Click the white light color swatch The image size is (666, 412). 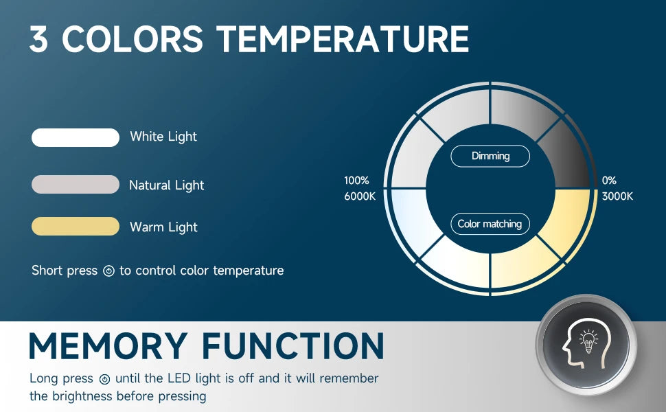coord(76,137)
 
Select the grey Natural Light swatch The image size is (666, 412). coord(76,184)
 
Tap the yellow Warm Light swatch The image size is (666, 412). coord(76,226)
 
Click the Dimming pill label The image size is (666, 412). coord(490,156)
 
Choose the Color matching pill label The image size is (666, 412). coord(490,224)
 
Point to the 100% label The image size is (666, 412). coord(356,181)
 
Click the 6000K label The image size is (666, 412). coord(360,196)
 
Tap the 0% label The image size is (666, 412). coord(609,181)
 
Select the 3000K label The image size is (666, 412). coord(617,196)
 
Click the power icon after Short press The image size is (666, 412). coord(108,271)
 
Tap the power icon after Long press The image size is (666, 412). coord(104,379)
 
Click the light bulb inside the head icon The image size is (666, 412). coord(588,341)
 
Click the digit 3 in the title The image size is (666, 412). coord(38,38)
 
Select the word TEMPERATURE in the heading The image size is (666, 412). coord(343,38)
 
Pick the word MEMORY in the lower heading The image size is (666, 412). coord(108,346)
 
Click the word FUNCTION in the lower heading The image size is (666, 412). coord(293,346)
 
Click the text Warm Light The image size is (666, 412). coord(163,227)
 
